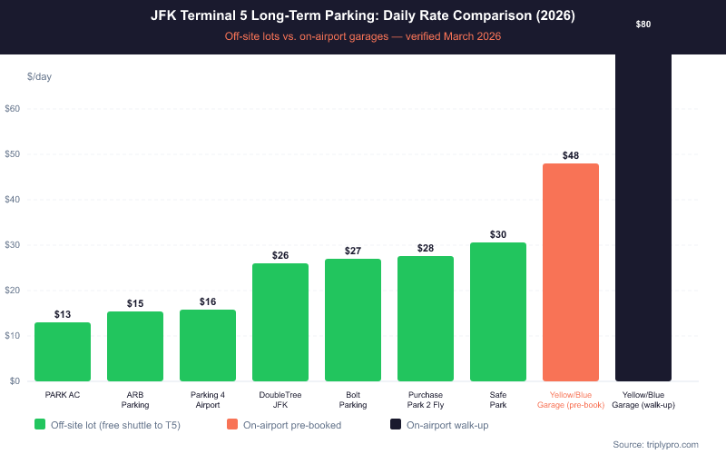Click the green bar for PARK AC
(63, 351)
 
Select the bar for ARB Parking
(135, 346)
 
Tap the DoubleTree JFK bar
(280, 322)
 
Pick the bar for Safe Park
(498, 311)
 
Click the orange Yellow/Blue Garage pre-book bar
(571, 272)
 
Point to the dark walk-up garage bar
(643, 218)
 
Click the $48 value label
(571, 155)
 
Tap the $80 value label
(643, 24)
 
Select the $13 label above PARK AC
(63, 314)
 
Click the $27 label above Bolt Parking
(353, 251)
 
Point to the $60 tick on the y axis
(13, 109)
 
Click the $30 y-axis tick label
(13, 245)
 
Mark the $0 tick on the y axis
(13, 381)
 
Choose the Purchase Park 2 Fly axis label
(426, 400)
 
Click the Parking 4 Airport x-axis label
(208, 400)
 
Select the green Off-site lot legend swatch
(40, 424)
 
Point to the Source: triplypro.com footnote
(656, 444)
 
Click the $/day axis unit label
(39, 76)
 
